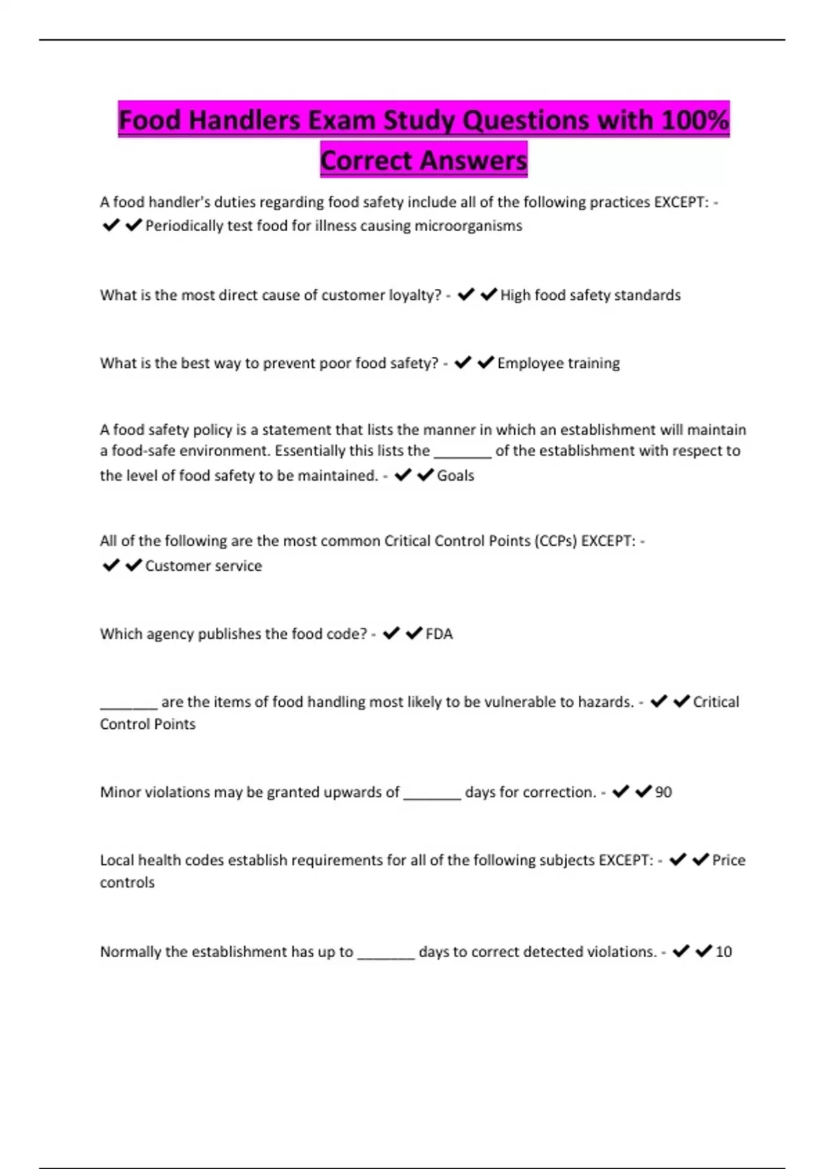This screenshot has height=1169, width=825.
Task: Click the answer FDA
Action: click(439, 634)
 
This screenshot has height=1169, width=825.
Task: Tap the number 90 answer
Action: click(663, 792)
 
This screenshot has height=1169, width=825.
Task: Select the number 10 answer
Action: click(723, 952)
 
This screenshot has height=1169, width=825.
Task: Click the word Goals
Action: click(456, 476)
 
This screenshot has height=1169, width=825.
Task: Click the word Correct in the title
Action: click(365, 161)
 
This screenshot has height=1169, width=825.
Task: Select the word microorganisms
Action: click(468, 226)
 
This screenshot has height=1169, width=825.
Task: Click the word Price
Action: click(729, 860)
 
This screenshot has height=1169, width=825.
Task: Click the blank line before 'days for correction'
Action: click(432, 796)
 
